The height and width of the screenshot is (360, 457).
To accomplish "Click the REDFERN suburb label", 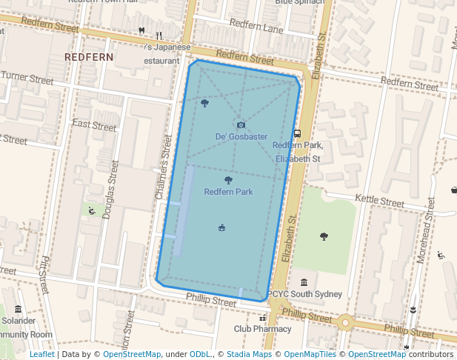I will tap(88, 56).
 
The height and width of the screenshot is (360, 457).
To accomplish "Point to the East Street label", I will tap(94, 126).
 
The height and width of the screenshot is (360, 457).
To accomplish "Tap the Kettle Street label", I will tap(379, 201).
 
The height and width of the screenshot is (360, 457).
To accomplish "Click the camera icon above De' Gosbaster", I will tap(240, 125).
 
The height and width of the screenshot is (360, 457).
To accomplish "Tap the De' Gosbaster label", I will tap(241, 137).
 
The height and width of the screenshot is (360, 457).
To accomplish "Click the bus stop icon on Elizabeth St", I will tap(297, 134).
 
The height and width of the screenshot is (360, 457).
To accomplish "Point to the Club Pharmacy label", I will tap(262, 328).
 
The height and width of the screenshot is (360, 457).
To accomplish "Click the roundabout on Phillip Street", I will tap(344, 323).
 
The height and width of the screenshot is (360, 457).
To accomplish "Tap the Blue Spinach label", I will tap(299, 3).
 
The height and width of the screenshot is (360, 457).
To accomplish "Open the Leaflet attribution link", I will tap(42, 355).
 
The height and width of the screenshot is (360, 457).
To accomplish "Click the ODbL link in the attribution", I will tap(201, 355).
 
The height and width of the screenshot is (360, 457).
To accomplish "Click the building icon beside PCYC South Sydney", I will tap(304, 282).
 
